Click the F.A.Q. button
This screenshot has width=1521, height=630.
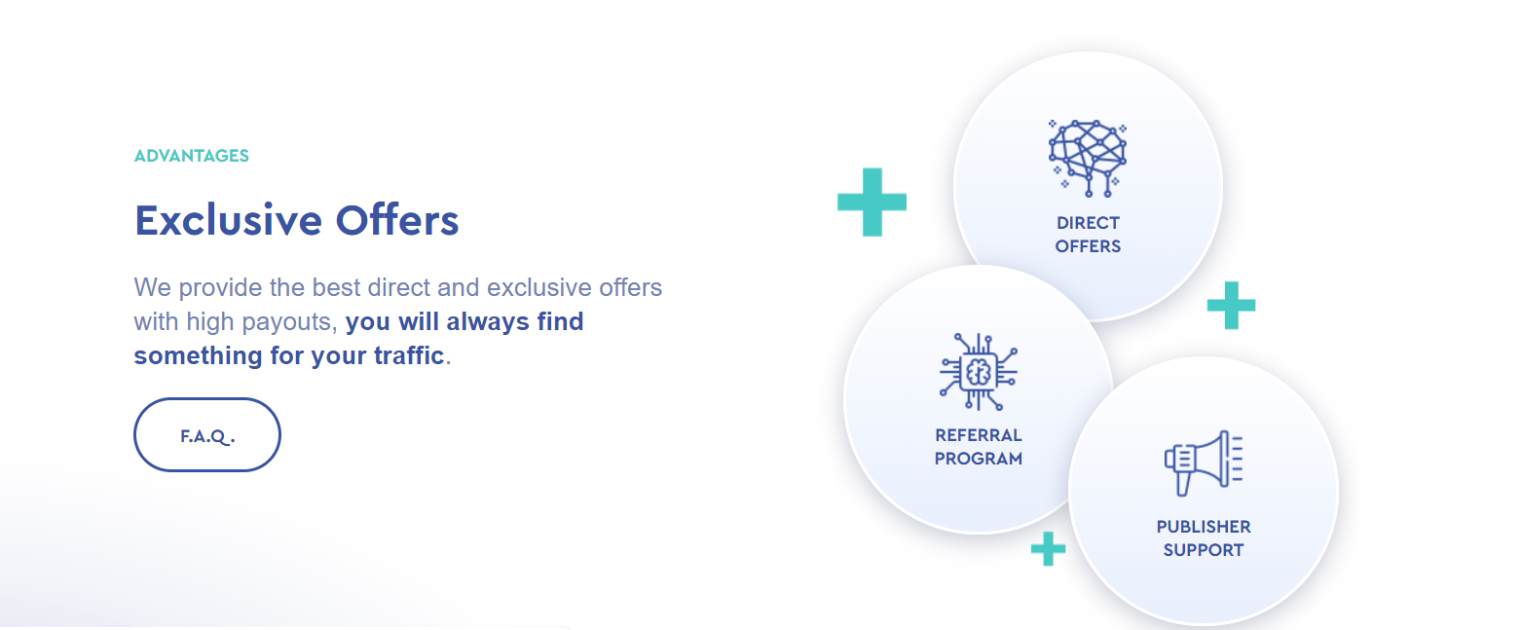click(x=207, y=434)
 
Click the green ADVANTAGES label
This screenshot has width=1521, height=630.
click(x=192, y=156)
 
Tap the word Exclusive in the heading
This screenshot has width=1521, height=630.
click(x=228, y=220)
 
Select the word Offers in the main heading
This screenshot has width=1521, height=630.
click(x=397, y=220)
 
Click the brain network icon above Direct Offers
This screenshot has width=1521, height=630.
click(x=1087, y=158)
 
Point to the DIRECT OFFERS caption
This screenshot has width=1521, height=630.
click(x=1088, y=235)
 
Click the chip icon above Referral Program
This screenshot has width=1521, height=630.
click(x=979, y=372)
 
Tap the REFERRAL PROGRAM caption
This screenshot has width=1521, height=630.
click(x=979, y=447)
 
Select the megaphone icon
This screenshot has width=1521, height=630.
click(x=1204, y=463)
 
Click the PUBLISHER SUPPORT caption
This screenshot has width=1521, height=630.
click(x=1204, y=538)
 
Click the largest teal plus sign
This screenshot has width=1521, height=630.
click(x=872, y=203)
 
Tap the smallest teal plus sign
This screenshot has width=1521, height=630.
click(x=1048, y=548)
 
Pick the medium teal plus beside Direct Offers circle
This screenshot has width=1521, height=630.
click(x=1231, y=306)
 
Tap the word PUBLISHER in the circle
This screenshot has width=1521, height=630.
click(x=1204, y=527)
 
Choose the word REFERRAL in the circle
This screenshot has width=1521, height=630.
click(x=979, y=435)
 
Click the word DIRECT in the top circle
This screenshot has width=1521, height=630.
click(x=1088, y=223)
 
